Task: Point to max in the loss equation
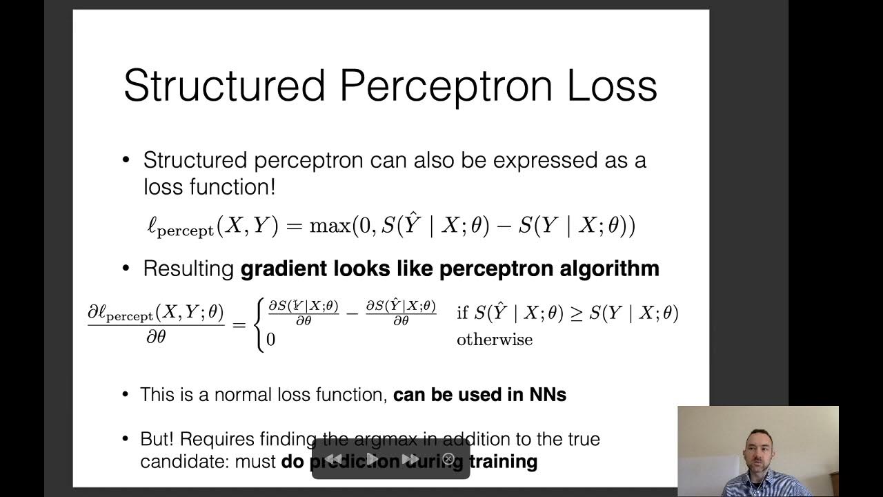(x=329, y=226)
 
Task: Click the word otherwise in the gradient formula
(x=494, y=340)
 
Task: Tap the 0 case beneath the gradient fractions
(x=271, y=340)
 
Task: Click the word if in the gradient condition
(x=462, y=313)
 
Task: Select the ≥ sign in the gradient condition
(x=575, y=313)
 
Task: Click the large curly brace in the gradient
(x=259, y=325)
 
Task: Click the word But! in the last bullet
(x=157, y=439)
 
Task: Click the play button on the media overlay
(x=373, y=459)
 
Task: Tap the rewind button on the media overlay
(x=333, y=459)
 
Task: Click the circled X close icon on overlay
(x=448, y=459)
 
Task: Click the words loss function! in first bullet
(x=210, y=187)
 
